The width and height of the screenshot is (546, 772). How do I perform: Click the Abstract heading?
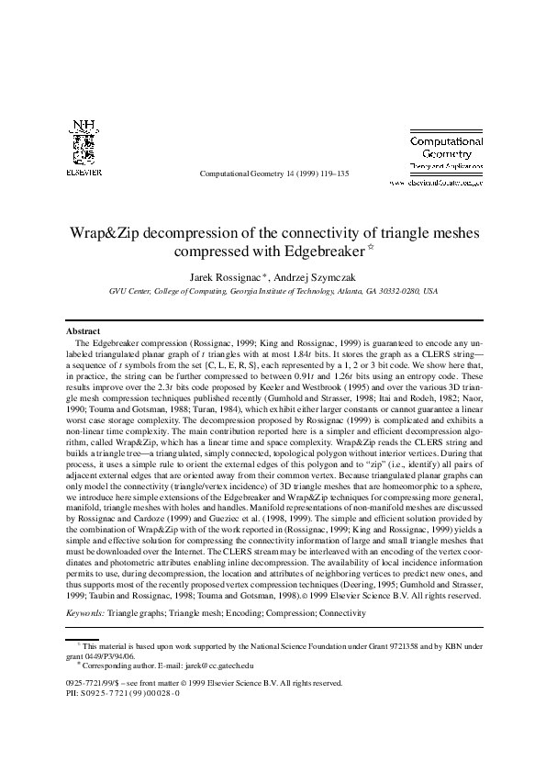pos(84,330)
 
